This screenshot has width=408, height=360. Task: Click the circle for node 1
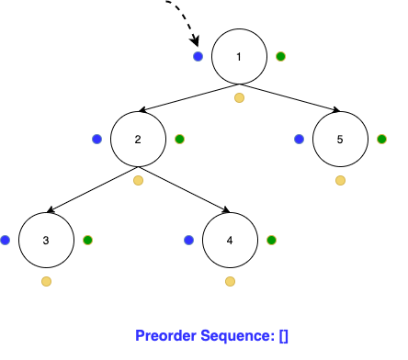click(x=239, y=56)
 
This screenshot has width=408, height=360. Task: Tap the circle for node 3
click(x=46, y=240)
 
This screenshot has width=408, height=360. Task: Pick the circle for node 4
click(x=230, y=240)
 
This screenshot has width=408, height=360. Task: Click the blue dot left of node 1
click(x=198, y=56)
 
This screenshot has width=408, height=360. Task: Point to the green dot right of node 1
click(x=280, y=56)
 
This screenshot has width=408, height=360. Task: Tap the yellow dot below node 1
click(x=239, y=97)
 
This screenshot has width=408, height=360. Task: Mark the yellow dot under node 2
click(x=138, y=180)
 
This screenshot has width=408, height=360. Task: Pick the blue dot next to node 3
click(x=5, y=240)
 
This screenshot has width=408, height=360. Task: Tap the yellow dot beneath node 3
click(x=46, y=281)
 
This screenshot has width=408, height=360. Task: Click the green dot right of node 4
click(x=271, y=240)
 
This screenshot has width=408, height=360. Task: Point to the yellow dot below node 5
click(x=340, y=180)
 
